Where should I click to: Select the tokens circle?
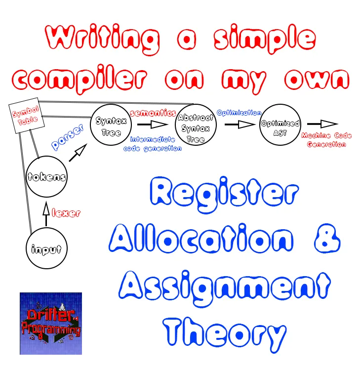(46, 176)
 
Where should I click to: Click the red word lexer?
(65, 213)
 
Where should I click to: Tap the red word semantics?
(153, 113)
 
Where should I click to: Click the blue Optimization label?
(239, 113)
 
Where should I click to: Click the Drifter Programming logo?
(50, 323)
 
